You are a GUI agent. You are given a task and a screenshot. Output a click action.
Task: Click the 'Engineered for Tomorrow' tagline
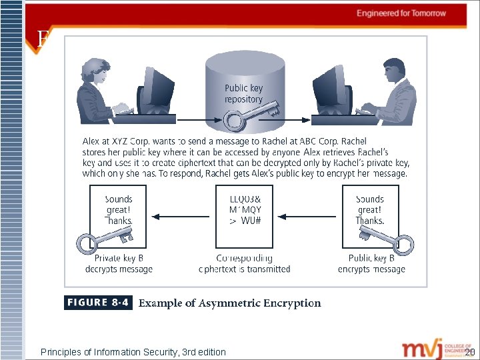401,13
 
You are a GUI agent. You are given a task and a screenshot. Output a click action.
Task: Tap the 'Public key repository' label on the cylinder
243,93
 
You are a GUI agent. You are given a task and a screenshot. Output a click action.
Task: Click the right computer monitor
330,90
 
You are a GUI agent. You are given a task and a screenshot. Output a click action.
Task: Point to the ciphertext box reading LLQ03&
245,210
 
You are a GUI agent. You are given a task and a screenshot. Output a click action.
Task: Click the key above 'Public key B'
387,240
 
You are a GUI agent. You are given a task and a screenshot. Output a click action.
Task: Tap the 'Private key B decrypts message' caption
119,264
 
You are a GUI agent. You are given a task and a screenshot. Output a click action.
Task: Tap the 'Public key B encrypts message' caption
371,264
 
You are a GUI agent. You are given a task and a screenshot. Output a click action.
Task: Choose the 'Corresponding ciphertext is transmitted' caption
245,264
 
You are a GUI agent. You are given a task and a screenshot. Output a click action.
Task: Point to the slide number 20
470,351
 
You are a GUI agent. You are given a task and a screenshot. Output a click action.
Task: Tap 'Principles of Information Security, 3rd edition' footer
133,352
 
